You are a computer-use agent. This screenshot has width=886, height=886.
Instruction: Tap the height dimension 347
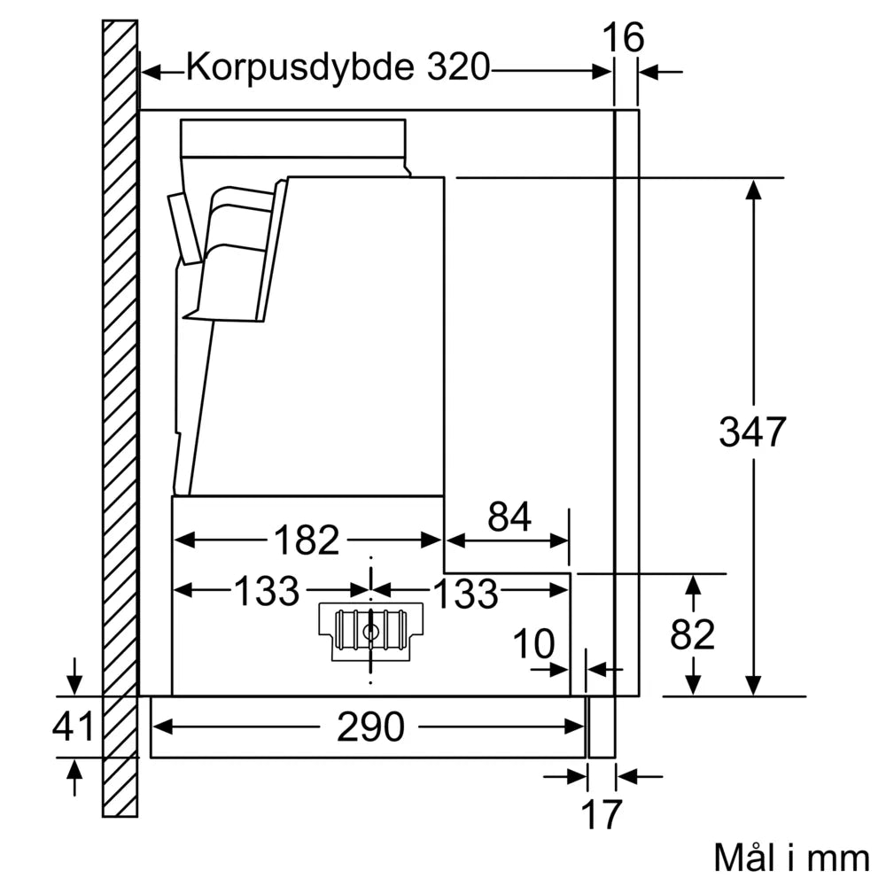(751, 431)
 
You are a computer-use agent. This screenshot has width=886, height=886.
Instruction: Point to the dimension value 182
(305, 540)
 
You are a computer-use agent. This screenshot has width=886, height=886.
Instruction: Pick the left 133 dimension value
(266, 591)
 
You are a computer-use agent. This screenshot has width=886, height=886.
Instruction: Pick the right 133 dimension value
(464, 594)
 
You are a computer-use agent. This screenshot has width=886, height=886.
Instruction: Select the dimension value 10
(533, 645)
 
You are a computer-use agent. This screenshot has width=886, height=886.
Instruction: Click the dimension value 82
(692, 634)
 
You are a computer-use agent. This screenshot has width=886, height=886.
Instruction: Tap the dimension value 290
(369, 727)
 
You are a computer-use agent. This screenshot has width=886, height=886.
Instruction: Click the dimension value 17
(601, 814)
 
